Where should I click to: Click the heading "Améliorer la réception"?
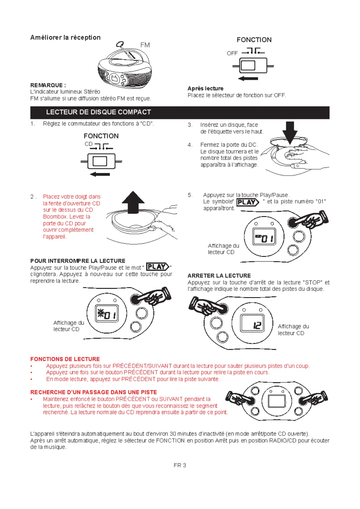(65, 37)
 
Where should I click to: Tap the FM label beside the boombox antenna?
(145, 45)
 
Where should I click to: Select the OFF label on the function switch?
(232, 53)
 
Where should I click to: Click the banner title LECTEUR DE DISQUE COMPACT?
(99, 112)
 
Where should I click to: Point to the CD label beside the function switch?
(88, 144)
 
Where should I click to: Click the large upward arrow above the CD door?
(133, 202)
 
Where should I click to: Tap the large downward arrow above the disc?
(290, 132)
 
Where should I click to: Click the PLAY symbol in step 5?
(248, 202)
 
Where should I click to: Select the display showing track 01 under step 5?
(264, 236)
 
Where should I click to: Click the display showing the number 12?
(252, 323)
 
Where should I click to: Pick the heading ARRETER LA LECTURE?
(219, 276)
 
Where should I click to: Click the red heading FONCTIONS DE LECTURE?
(65, 359)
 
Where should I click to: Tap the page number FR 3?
(180, 465)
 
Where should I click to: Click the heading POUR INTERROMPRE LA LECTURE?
(78, 261)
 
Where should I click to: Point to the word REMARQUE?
(47, 85)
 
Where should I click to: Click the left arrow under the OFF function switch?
(248, 79)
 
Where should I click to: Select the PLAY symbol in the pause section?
(157, 267)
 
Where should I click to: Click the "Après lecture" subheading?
(205, 89)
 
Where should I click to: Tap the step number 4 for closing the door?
(190, 145)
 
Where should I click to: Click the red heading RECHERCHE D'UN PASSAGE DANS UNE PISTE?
(93, 392)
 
